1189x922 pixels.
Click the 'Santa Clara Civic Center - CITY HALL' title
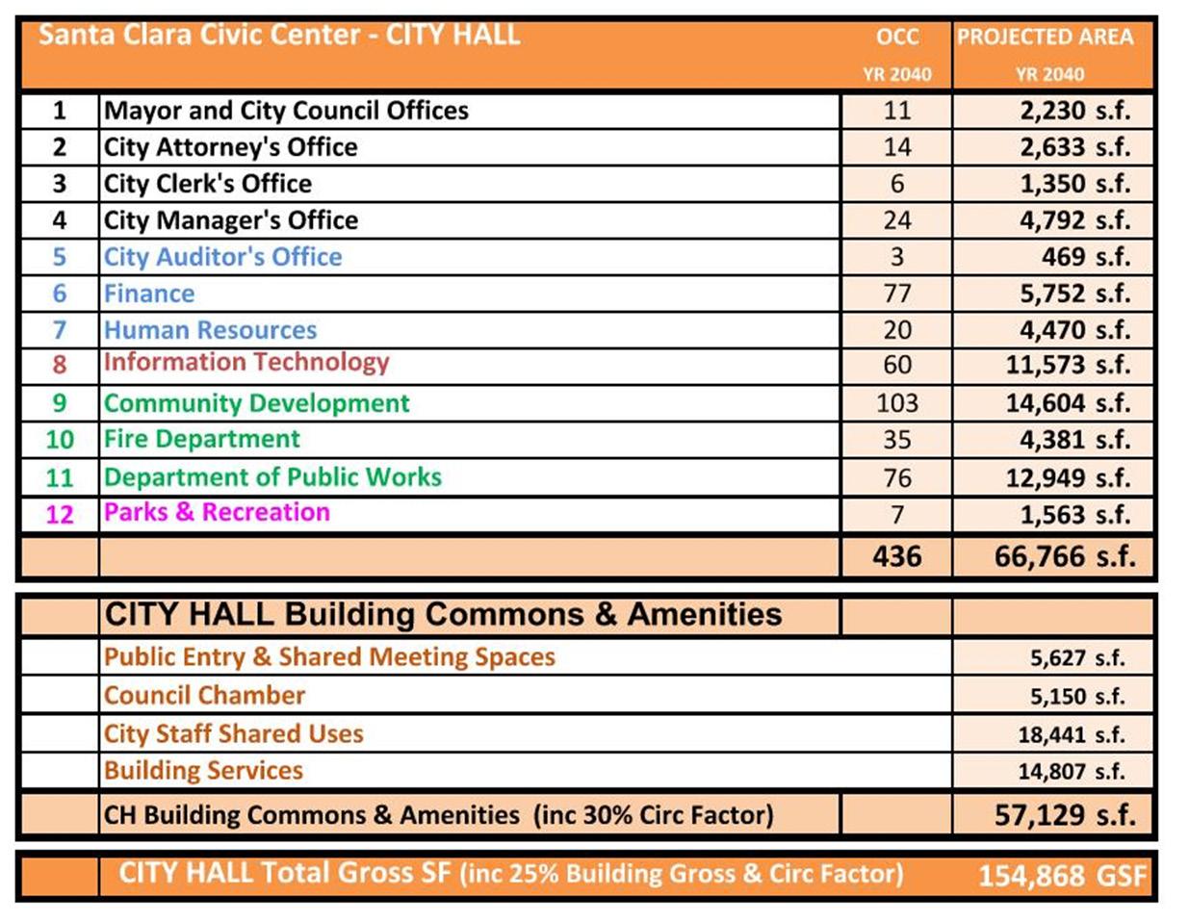point(279,37)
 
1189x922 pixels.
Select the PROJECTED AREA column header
point(1045,38)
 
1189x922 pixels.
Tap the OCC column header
point(896,38)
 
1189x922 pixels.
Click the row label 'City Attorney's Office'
point(230,147)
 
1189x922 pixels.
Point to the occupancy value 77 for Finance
point(896,294)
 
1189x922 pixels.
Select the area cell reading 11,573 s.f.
point(1067,366)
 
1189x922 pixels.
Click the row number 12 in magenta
point(60,514)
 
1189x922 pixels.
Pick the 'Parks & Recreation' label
point(217,512)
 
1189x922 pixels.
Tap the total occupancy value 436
point(896,556)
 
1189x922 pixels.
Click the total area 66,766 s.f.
point(1064,556)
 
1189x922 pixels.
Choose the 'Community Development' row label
point(256,403)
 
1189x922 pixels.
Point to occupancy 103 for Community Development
point(896,403)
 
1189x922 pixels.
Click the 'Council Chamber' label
point(204,695)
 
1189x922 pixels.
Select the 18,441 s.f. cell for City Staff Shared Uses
point(1071,735)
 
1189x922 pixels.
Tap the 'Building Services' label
point(203,771)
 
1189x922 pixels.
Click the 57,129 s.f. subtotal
point(1064,816)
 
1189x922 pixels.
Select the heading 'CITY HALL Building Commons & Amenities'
point(443,615)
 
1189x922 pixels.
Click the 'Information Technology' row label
point(246,363)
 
